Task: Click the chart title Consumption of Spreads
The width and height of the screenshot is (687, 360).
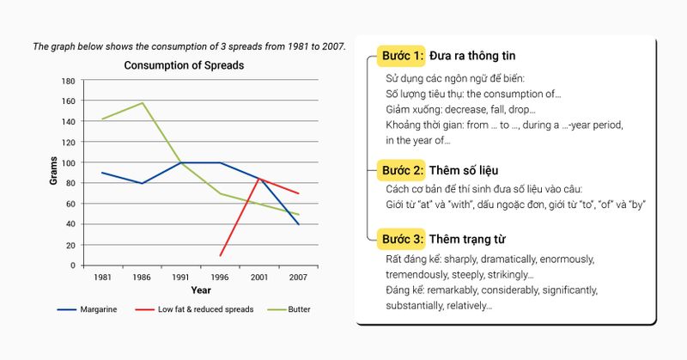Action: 184,65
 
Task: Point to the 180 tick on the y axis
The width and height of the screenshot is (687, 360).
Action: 68,81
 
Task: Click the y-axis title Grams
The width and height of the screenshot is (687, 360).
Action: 52,172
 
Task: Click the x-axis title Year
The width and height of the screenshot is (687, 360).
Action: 201,290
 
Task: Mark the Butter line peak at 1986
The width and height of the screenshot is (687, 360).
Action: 141,103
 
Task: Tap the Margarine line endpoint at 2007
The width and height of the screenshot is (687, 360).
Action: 297,224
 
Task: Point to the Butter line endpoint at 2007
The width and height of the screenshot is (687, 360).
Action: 297,215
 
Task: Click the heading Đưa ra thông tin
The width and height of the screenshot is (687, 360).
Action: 473,56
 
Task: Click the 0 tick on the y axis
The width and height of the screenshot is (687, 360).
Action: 73,265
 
